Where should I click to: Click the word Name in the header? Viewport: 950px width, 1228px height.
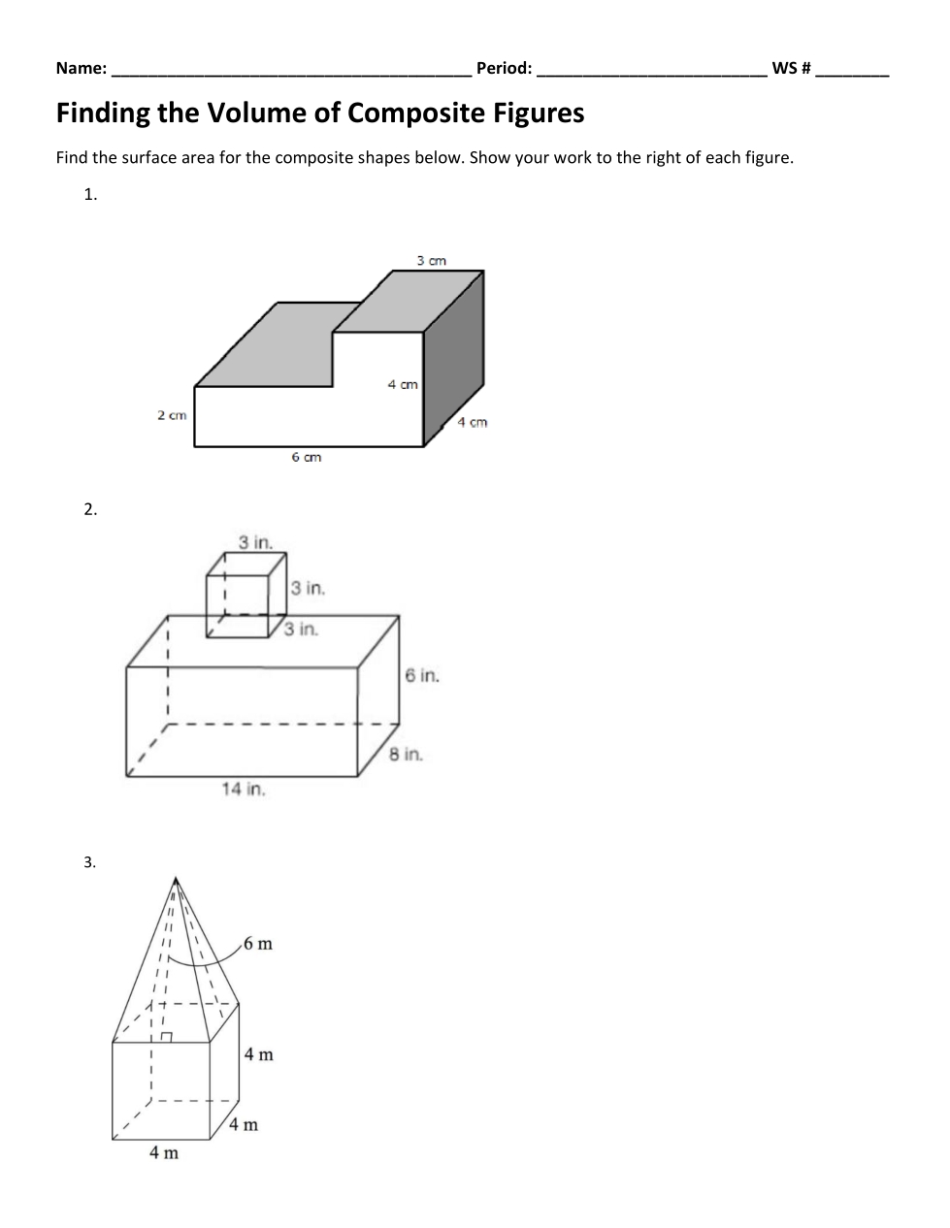(x=79, y=68)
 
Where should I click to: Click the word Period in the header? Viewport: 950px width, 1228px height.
(x=502, y=68)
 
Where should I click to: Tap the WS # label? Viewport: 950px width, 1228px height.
(x=791, y=68)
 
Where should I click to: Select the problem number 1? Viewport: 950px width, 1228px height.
(x=89, y=194)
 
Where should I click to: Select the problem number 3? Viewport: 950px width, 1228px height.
(x=89, y=862)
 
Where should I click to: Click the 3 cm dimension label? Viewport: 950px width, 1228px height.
(x=432, y=260)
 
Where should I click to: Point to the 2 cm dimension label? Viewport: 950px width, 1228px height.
(x=172, y=415)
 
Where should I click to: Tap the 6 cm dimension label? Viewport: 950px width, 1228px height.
(x=306, y=457)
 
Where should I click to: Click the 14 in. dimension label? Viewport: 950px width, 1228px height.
(x=243, y=789)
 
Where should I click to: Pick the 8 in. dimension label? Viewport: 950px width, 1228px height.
(x=406, y=754)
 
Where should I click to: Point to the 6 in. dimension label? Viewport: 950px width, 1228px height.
(x=422, y=675)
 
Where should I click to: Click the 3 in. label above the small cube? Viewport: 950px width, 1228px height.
(x=255, y=541)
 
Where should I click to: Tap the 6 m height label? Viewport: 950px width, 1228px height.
(x=258, y=944)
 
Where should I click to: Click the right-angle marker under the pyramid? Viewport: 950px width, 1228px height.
(x=166, y=1037)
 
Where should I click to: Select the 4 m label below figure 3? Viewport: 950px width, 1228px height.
(x=163, y=1152)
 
